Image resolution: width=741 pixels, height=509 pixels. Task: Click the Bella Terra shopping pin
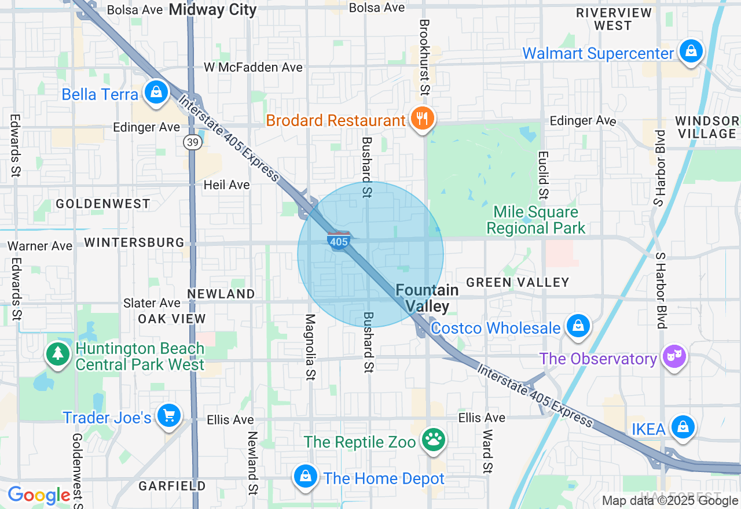click(x=156, y=92)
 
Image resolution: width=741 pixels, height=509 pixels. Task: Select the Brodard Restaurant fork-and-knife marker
click(x=423, y=119)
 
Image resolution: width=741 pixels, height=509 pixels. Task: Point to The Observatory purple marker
click(x=674, y=356)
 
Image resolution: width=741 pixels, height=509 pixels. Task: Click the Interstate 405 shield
click(x=338, y=241)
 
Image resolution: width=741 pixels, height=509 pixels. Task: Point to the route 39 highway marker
click(x=193, y=142)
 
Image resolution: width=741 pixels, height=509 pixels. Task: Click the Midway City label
click(x=212, y=9)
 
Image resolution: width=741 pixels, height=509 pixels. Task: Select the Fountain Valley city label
click(x=427, y=298)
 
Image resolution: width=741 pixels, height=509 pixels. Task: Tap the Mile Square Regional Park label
click(x=536, y=220)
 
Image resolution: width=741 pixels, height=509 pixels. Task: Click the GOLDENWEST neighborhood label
click(x=103, y=204)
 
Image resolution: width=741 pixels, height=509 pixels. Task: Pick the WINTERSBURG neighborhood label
click(x=134, y=242)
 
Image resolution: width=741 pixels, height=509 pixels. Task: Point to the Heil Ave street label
click(x=226, y=185)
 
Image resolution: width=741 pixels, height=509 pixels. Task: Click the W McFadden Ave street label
click(x=253, y=68)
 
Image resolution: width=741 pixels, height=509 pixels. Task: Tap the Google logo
click(x=39, y=495)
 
